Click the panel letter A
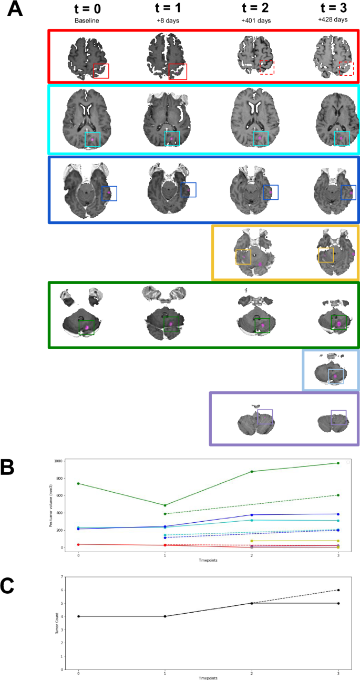(14, 9)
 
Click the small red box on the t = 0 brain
(101, 71)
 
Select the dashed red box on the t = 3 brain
(346, 68)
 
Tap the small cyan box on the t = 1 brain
(172, 138)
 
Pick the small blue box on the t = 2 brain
(271, 192)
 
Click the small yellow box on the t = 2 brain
(243, 257)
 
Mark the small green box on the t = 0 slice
(87, 327)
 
